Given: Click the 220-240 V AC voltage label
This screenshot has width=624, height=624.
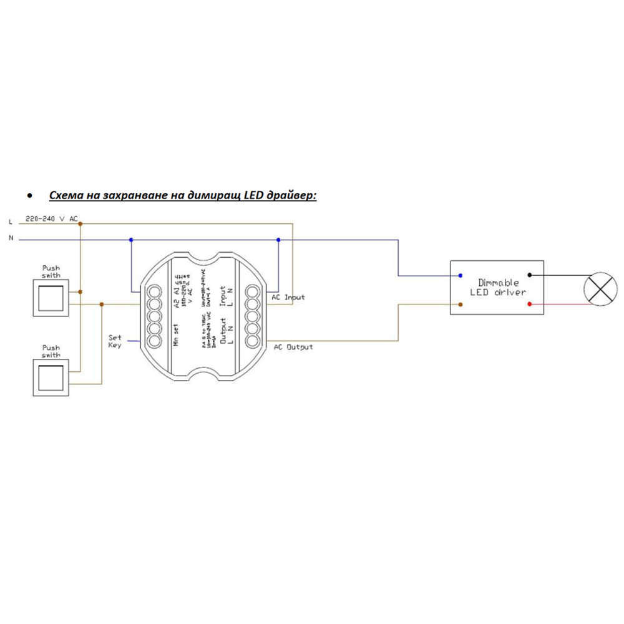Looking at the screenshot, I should tap(51, 219).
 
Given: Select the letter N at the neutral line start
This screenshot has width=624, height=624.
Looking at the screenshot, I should tap(10, 238).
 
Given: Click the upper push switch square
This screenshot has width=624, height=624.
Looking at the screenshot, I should tap(51, 298).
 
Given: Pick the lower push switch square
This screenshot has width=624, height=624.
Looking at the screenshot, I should tap(51, 378).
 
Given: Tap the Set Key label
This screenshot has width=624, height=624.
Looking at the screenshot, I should tap(115, 341).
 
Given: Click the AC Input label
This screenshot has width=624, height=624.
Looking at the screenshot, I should tap(288, 297).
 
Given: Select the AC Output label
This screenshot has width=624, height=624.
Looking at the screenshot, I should tap(293, 346).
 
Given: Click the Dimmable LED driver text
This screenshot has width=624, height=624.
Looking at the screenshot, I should tap(497, 287).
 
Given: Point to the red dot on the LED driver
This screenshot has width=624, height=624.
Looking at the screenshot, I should tap(530, 305).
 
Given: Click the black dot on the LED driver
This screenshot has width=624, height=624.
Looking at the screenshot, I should tap(530, 274).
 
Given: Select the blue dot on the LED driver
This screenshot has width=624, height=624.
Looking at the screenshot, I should tap(461, 275).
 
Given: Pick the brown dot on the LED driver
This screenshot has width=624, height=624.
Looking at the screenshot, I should tap(461, 305).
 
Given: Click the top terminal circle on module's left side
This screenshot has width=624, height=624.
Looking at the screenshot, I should tap(154, 291).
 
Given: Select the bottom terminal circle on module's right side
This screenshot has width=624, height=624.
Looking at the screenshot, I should tap(252, 341).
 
